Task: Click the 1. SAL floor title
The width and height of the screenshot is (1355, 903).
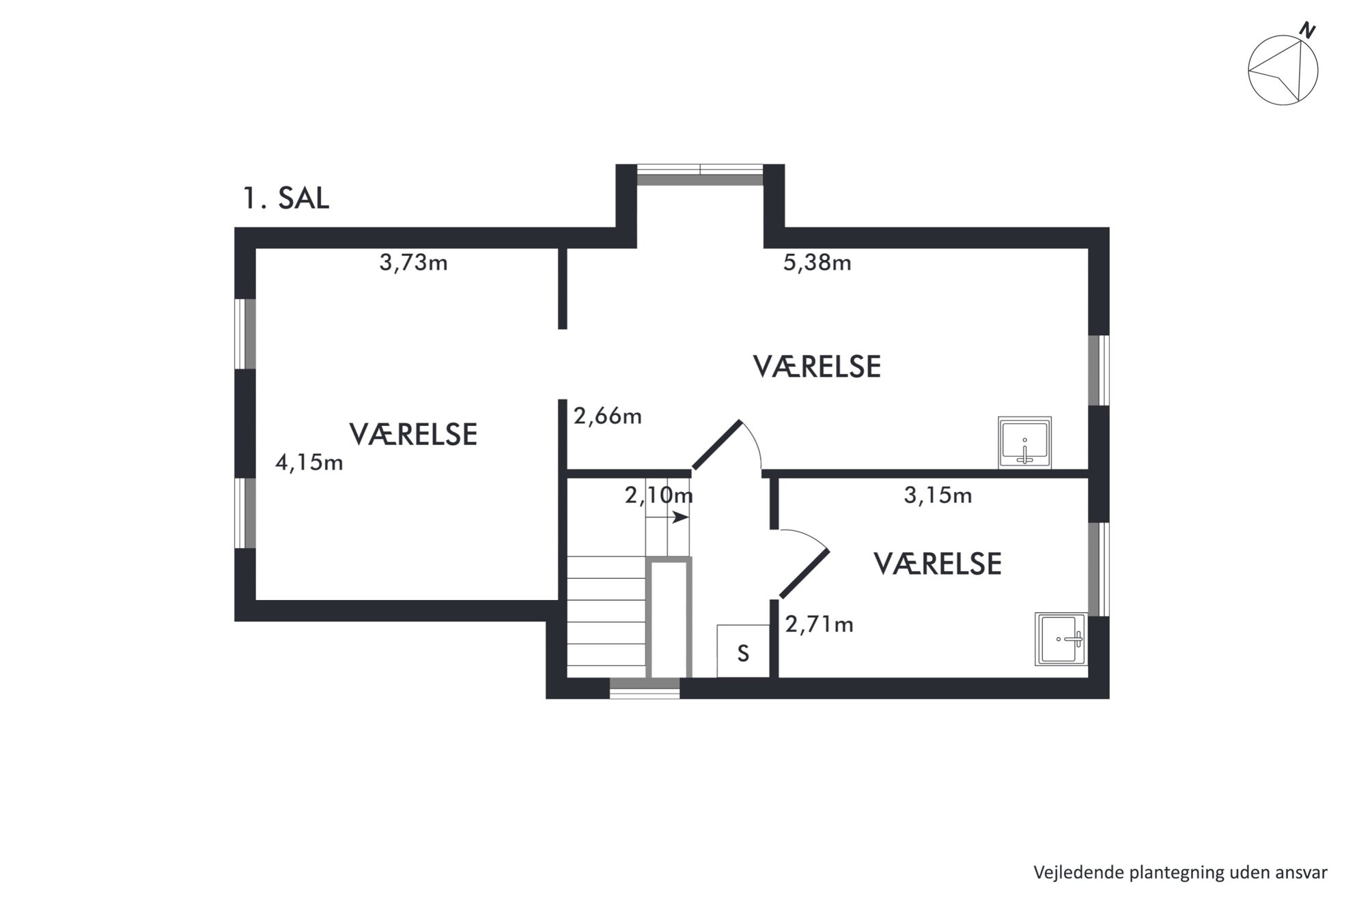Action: pos(286,198)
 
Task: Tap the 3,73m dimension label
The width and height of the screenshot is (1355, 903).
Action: pos(413,263)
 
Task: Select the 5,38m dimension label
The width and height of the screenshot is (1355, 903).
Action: pos(817,263)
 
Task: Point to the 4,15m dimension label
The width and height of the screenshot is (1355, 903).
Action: pos(309,463)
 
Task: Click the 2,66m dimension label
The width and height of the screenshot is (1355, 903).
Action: pos(607,416)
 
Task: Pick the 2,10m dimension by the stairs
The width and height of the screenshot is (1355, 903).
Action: pos(658,495)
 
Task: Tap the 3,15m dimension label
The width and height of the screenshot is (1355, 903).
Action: pos(938,496)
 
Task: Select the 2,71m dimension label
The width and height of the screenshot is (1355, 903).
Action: pos(819,625)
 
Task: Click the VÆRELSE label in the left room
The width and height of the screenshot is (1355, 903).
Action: pos(413,435)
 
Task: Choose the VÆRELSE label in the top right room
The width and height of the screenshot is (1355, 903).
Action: pos(817,367)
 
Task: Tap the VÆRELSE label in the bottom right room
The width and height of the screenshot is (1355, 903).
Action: pos(938,564)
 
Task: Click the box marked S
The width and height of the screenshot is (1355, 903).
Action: pos(743,651)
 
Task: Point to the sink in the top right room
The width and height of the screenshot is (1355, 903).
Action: pos(1024,442)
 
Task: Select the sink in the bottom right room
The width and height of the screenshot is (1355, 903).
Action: pos(1061,639)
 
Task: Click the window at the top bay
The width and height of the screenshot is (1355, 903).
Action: pos(700,175)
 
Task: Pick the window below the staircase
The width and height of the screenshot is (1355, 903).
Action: pos(645,689)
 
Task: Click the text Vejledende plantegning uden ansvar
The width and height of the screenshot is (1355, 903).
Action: pos(1180,872)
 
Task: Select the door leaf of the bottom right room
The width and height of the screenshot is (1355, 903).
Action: pos(805,573)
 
